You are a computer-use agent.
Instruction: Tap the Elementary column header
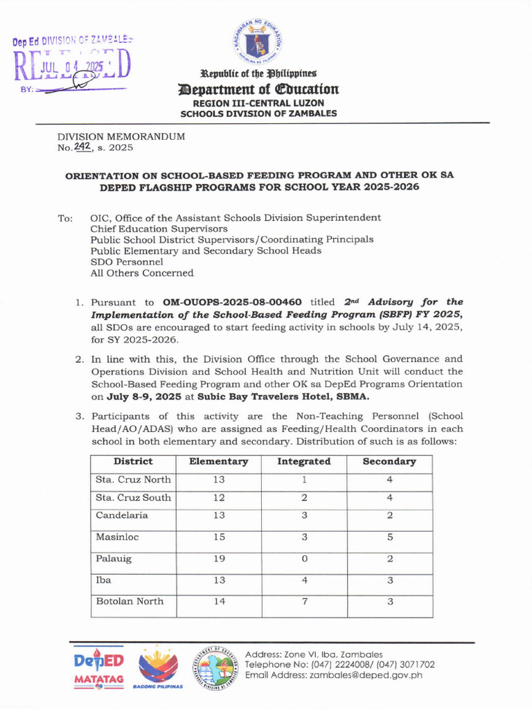(x=218, y=462)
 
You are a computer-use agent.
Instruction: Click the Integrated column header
(x=303, y=462)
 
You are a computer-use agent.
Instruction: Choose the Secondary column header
(x=389, y=462)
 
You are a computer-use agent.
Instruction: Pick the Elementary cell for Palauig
(x=218, y=559)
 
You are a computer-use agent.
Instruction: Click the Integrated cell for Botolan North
(x=303, y=602)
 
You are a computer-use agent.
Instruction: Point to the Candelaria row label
(x=121, y=516)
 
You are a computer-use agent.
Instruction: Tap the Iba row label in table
(x=103, y=580)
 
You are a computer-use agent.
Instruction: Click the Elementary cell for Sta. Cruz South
(x=218, y=498)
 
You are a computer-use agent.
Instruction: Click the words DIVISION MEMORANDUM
(x=121, y=137)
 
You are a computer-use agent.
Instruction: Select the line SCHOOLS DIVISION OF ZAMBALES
(x=258, y=114)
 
